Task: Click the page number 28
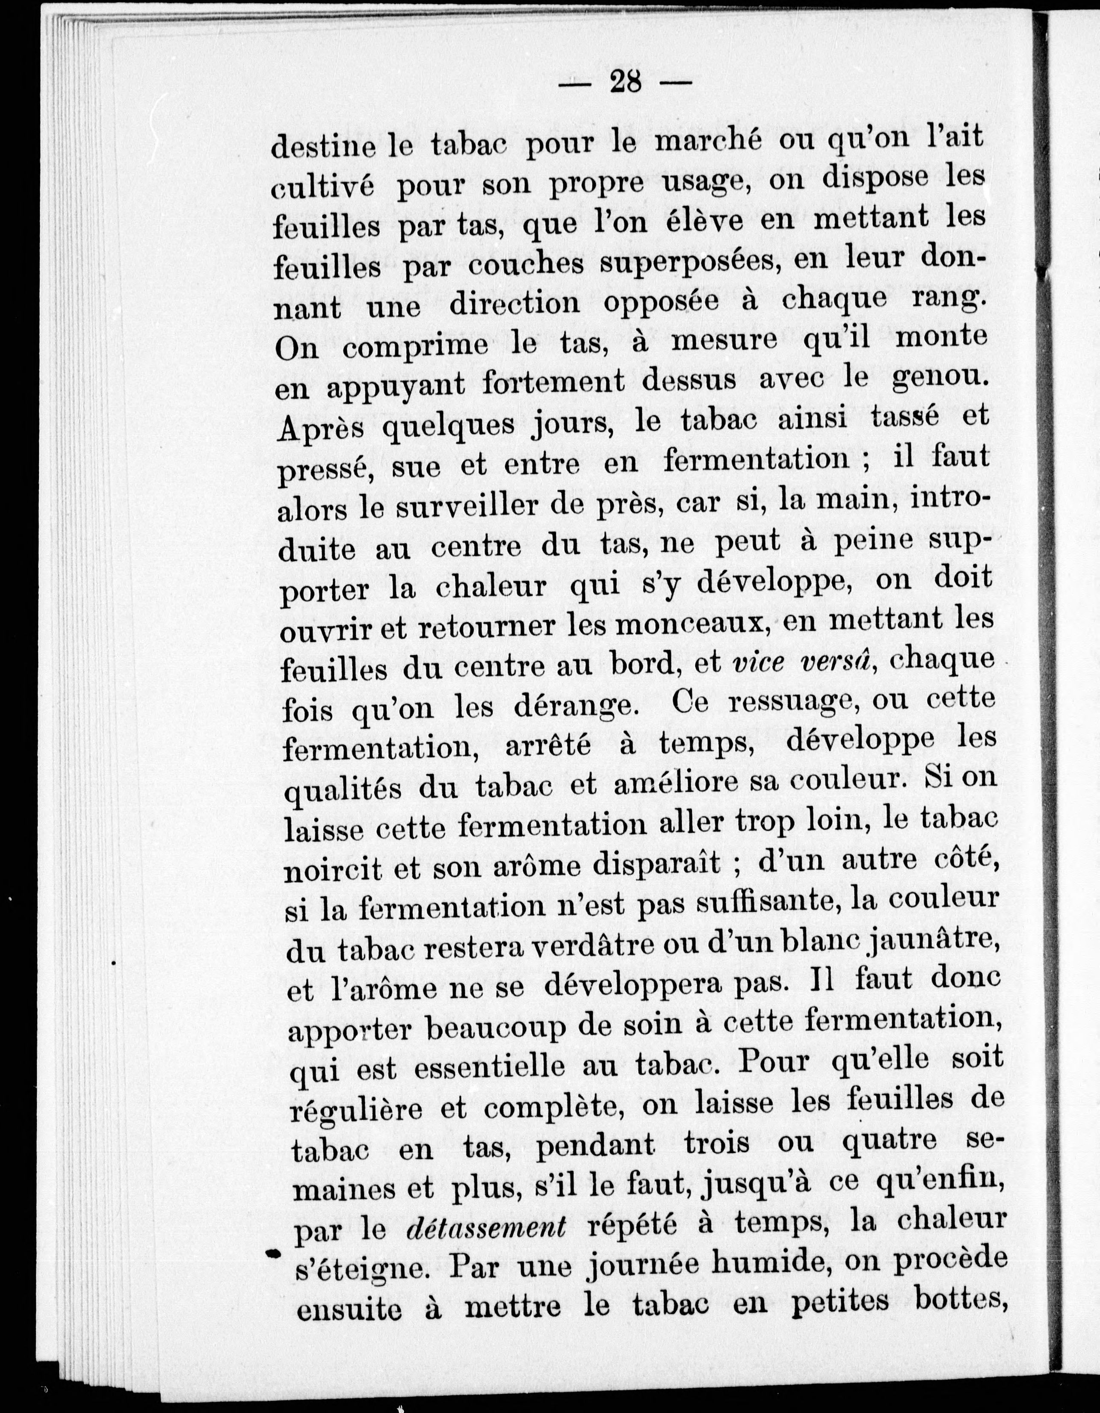625,83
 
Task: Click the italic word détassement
486,1227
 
